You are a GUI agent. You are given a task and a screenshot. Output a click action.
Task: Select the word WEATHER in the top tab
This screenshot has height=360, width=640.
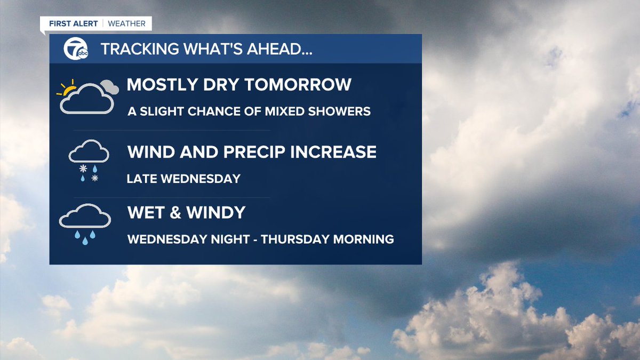[x=126, y=23]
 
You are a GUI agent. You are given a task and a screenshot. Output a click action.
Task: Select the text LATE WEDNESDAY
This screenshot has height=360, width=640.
[x=183, y=179]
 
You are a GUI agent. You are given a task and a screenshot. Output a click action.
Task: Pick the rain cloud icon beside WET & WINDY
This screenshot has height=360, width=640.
[x=85, y=223]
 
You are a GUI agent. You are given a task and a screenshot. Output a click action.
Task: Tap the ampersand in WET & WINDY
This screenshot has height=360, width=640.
[x=175, y=212]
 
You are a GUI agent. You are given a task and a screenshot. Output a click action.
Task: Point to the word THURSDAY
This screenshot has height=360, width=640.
[x=294, y=239]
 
